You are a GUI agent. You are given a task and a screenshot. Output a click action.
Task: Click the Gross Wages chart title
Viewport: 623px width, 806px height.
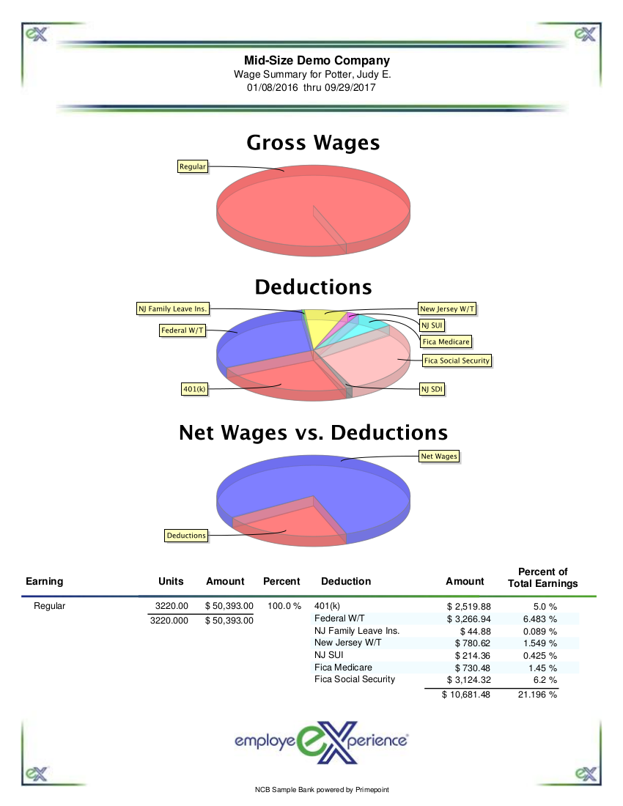(313, 142)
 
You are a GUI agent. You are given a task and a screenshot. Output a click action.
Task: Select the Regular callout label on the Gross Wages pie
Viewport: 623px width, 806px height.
(193, 167)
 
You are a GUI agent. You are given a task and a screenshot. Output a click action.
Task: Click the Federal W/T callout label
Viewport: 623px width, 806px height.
(183, 330)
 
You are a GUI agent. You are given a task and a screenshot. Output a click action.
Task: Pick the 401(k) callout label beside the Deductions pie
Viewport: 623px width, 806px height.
(194, 389)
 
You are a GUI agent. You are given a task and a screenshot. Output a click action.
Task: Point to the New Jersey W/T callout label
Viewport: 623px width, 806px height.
(446, 309)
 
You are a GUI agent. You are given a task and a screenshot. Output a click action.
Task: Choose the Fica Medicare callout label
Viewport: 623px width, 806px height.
(446, 341)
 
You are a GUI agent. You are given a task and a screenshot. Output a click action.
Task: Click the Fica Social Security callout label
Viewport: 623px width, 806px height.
(457, 361)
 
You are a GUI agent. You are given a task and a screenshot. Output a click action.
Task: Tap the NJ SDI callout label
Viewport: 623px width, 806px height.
(432, 389)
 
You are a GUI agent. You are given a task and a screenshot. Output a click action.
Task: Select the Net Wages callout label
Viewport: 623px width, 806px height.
(439, 456)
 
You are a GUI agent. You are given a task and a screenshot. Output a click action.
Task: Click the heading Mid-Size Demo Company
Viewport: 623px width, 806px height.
(317, 61)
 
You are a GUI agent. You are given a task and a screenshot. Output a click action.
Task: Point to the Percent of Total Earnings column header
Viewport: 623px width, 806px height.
(542, 577)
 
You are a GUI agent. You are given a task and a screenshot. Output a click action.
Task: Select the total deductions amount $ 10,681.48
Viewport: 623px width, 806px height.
(465, 695)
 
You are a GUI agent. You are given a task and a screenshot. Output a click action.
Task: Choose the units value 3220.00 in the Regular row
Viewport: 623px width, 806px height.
(173, 606)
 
